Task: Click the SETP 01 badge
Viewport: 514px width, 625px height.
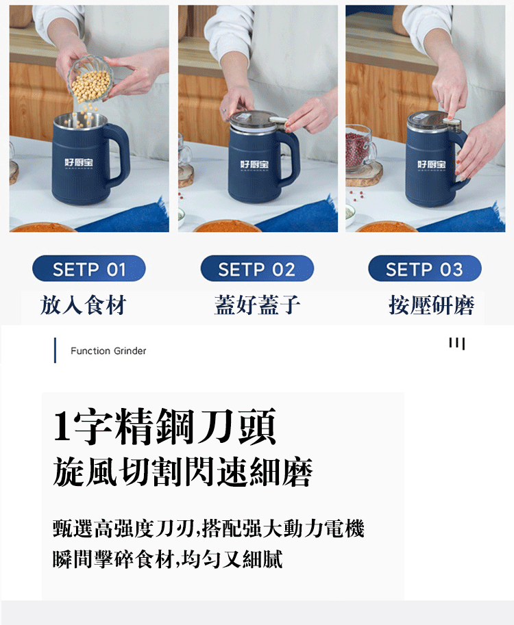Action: click(89, 268)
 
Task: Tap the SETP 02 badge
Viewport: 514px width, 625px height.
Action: click(257, 268)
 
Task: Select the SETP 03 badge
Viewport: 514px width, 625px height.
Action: click(425, 268)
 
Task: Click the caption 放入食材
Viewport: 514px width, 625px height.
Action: click(83, 305)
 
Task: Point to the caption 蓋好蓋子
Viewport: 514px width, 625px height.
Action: click(257, 305)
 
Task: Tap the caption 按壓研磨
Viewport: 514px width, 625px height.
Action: click(431, 305)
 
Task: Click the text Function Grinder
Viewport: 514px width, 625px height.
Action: click(108, 350)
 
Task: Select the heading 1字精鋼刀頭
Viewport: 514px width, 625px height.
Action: click(164, 426)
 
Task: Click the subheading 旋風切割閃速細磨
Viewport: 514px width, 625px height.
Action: click(182, 472)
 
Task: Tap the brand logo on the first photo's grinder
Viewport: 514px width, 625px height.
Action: click(79, 164)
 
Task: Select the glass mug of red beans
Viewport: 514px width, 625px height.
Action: click(360, 149)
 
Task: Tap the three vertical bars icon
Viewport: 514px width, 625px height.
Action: click(457, 343)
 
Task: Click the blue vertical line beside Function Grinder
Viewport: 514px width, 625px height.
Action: click(55, 350)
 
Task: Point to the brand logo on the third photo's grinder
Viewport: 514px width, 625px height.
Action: click(432, 165)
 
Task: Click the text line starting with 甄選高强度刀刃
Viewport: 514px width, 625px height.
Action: click(208, 529)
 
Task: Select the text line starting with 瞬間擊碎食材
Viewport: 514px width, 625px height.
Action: click(168, 559)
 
